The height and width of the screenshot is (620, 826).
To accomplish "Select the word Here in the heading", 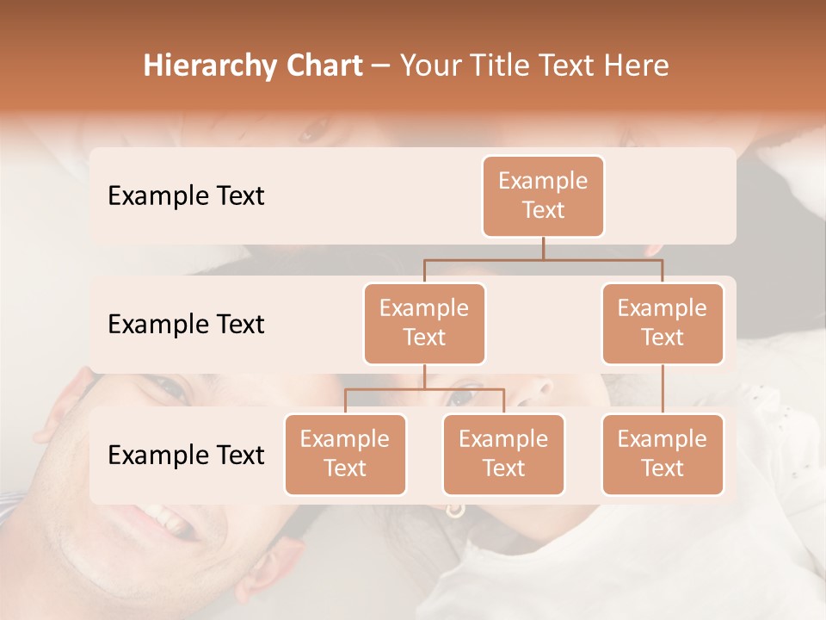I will (636, 66).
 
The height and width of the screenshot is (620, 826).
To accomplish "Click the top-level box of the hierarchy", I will (543, 195).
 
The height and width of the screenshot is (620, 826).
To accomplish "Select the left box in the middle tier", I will (424, 323).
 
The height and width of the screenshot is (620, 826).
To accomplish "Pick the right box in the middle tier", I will (663, 323).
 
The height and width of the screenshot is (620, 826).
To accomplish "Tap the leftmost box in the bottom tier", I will (345, 454).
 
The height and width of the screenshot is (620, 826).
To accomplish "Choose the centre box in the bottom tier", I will (503, 454).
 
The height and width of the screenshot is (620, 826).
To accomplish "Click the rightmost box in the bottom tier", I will (663, 454).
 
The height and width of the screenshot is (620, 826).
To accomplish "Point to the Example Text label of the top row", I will (186, 196).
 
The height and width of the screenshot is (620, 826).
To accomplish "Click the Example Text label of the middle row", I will (186, 325).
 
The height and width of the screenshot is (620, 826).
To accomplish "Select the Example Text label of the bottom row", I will (186, 456).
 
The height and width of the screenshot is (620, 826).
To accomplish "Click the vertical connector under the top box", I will (543, 248).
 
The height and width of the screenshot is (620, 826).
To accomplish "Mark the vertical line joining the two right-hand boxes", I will (663, 389).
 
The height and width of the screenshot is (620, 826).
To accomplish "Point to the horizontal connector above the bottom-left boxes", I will (424, 389).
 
